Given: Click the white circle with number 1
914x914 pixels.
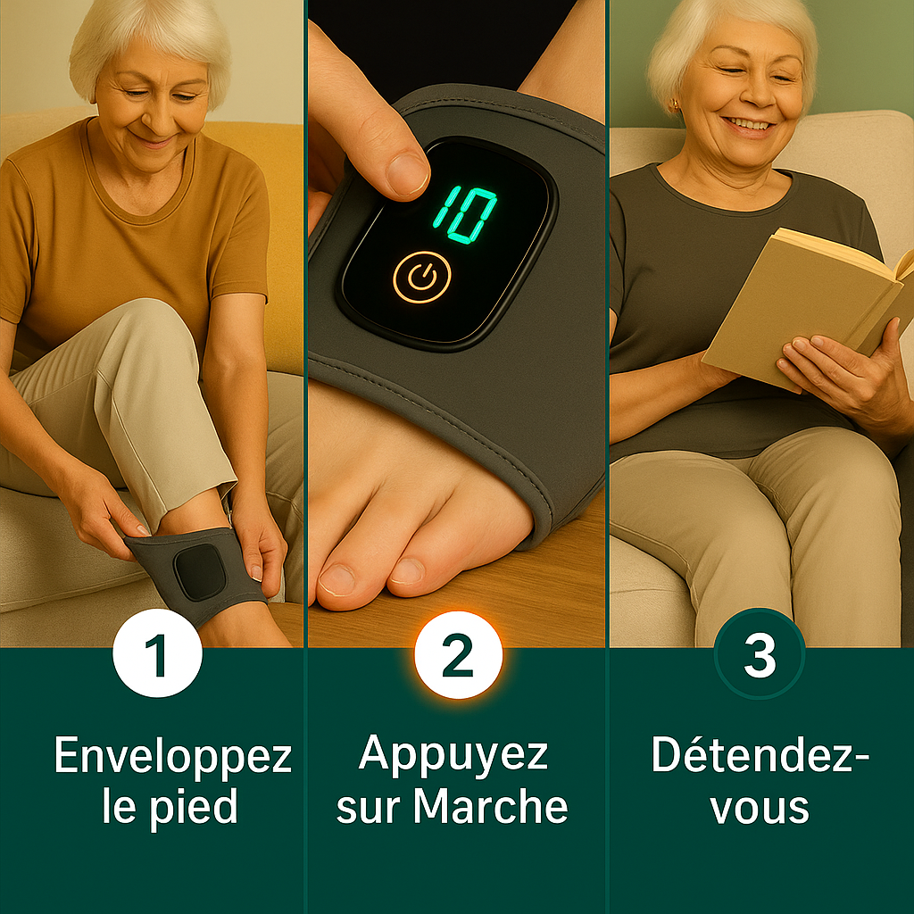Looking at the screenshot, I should pos(157,654).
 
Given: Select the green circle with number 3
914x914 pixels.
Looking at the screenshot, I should pos(760,654).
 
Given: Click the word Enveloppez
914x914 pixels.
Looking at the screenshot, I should pos(172,758).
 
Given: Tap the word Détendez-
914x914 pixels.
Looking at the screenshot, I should pos(760,756).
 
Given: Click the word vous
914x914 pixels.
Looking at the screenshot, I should pos(760,806).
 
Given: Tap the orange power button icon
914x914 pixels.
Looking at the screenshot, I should pos(421,278).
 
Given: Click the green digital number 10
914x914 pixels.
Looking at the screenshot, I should pos(465,213).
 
